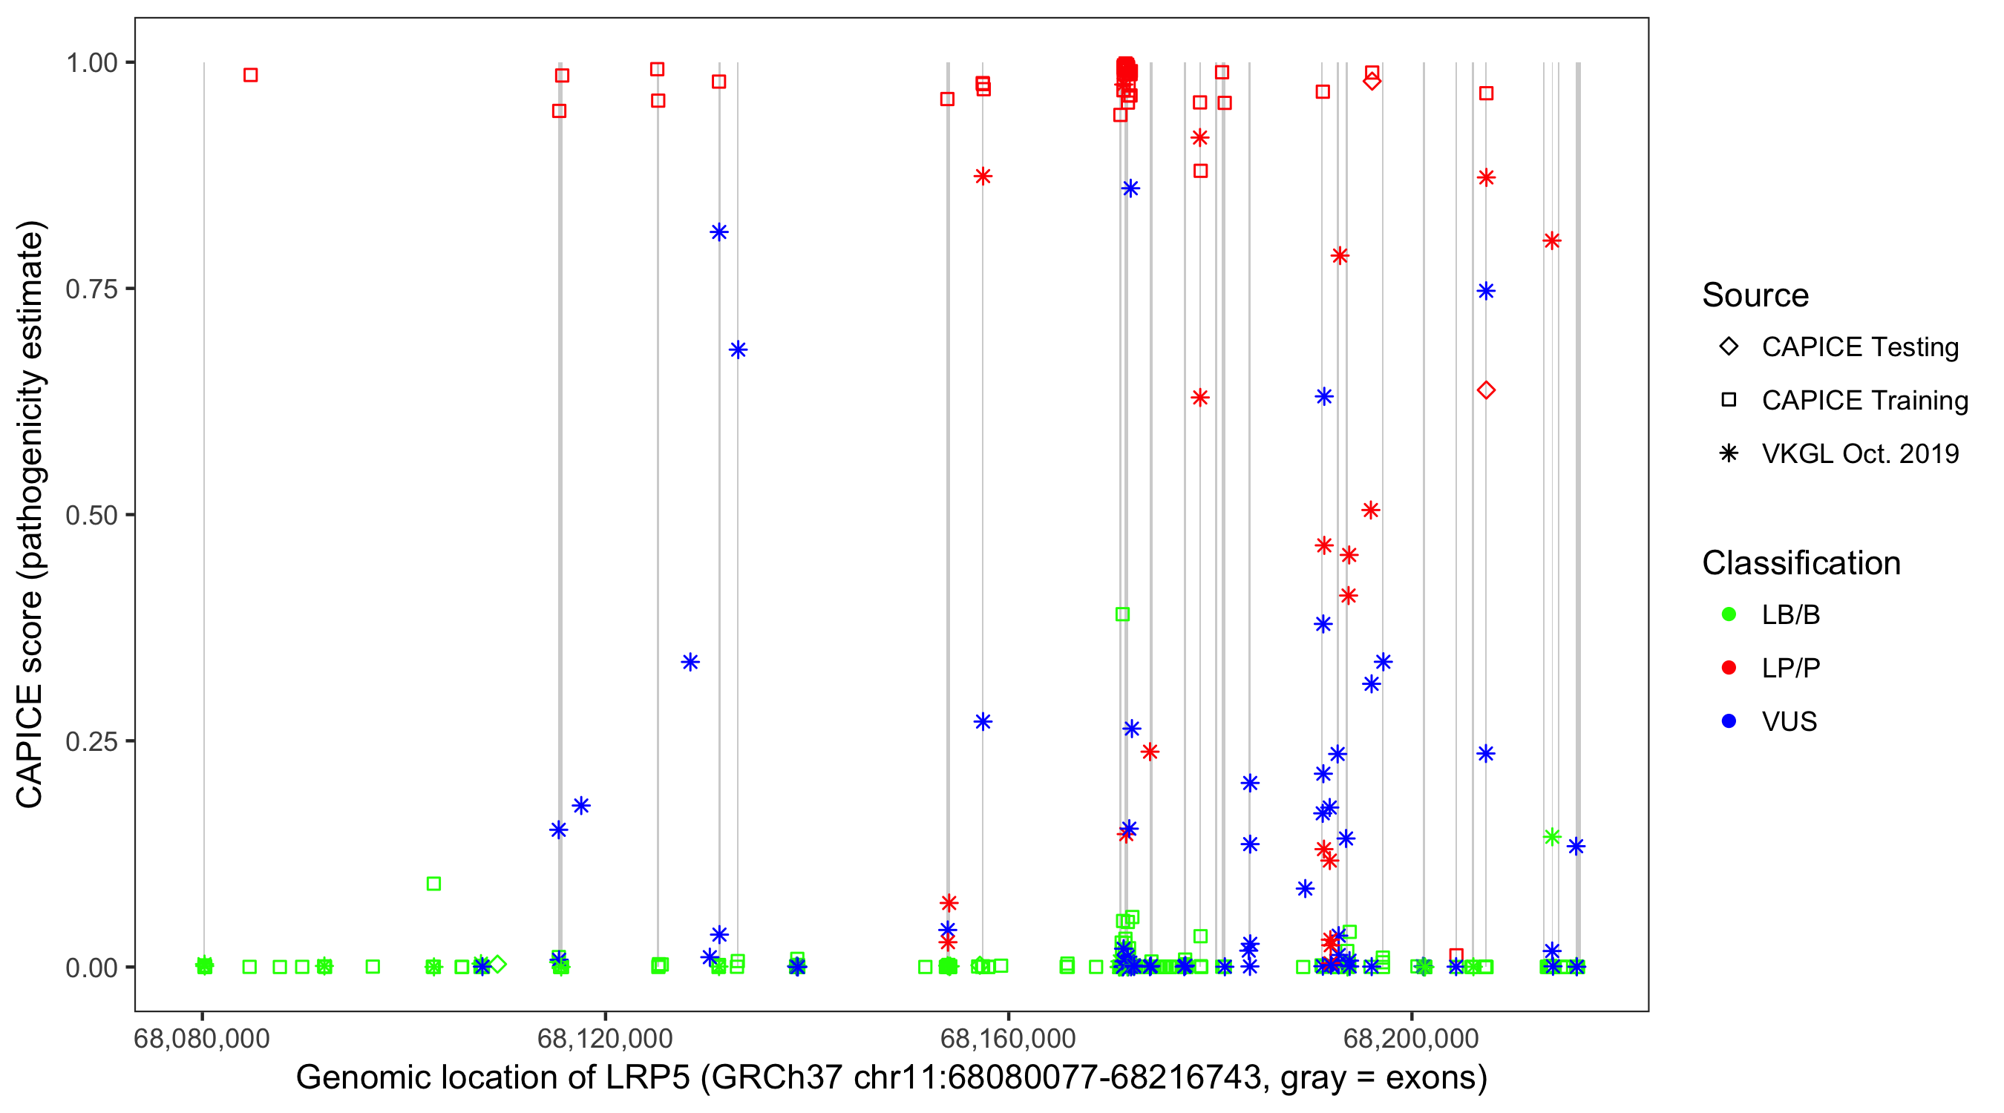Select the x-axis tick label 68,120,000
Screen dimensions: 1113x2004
pos(604,1038)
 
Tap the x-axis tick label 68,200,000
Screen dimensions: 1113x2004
pos(1411,1038)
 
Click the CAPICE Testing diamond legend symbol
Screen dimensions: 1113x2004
pos(1729,347)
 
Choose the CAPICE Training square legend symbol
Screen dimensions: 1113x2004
pos(1729,401)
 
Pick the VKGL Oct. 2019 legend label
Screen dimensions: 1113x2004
pos(1860,454)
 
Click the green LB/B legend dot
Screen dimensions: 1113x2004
pos(1729,614)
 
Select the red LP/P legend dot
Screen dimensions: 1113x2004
pos(1729,668)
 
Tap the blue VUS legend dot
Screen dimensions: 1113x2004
pos(1729,722)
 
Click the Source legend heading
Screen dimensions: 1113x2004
pos(1755,295)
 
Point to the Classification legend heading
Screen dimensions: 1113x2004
pos(1801,563)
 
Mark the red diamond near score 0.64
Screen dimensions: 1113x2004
pos(1486,390)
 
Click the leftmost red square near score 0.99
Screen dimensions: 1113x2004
pos(251,76)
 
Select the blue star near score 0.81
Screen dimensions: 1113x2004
pos(718,232)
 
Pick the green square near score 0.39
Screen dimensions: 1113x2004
pos(1121,614)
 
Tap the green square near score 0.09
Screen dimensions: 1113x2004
pos(434,884)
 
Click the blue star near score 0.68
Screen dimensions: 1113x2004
pos(739,350)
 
